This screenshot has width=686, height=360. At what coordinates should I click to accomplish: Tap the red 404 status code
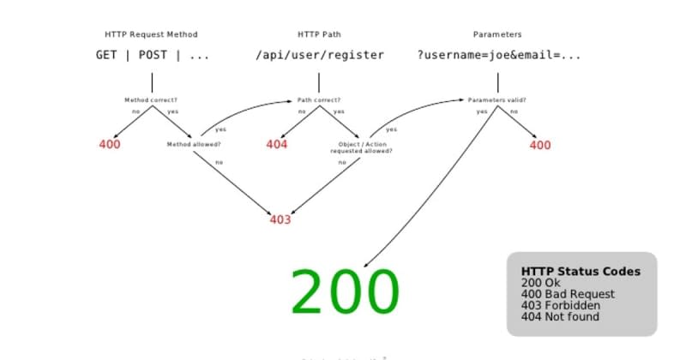point(276,144)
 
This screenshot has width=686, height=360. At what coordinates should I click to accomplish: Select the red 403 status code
point(280,219)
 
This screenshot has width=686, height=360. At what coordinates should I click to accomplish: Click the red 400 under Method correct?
point(110,144)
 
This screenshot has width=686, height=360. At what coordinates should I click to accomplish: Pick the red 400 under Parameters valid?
point(540,145)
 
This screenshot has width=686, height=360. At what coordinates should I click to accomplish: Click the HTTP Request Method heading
point(151,34)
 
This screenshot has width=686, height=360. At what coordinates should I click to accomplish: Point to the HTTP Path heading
point(320,34)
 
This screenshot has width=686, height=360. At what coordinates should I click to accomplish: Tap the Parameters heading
point(497,34)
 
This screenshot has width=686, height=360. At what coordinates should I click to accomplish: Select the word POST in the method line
point(153,55)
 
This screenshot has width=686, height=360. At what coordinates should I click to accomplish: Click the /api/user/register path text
point(320,55)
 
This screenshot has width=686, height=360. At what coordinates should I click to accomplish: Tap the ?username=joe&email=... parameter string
point(499,55)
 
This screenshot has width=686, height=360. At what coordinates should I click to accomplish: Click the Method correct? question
point(151,99)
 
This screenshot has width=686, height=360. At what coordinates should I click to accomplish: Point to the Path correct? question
point(320,99)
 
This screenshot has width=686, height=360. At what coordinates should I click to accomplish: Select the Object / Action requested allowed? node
point(362,147)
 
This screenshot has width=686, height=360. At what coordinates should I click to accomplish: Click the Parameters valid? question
point(497,99)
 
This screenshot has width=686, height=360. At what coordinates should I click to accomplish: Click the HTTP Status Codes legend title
point(581,272)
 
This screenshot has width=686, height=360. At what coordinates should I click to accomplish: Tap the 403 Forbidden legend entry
point(561,305)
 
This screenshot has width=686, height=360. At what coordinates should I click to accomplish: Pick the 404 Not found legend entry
point(561,317)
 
